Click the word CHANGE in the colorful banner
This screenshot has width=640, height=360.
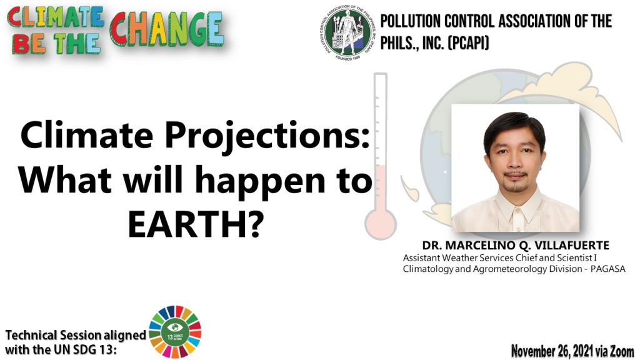tap(166, 29)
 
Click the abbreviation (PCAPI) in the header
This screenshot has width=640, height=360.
tap(468, 43)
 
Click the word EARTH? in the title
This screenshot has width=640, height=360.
tap(196, 224)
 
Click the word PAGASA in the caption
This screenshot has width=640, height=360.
tap(607, 269)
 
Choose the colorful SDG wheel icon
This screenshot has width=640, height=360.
tap(175, 332)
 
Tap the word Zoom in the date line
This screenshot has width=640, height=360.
tap(622, 351)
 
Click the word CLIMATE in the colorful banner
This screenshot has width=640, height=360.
tap(56, 17)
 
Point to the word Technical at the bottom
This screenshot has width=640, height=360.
tap(31, 335)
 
